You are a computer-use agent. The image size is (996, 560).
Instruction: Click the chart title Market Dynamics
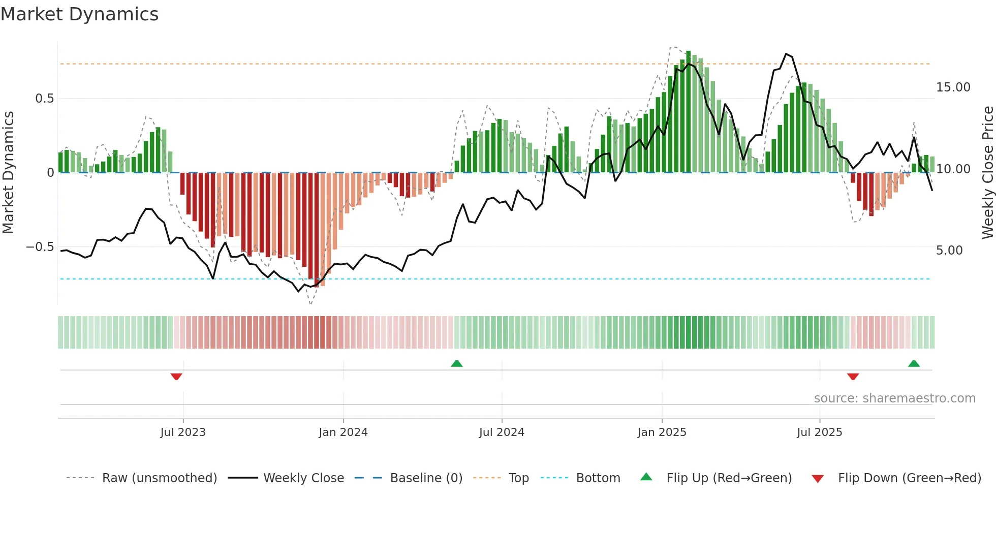(x=79, y=14)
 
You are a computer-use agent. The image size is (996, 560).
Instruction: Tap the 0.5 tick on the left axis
(x=44, y=99)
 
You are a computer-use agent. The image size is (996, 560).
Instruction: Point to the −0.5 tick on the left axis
(x=40, y=247)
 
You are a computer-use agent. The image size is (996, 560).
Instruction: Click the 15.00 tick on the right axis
(x=953, y=87)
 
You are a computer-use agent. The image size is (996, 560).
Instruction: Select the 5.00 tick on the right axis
(x=949, y=251)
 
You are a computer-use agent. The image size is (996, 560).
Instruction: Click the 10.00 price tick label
(x=953, y=169)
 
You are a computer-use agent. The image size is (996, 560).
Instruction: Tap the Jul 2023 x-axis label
(x=183, y=432)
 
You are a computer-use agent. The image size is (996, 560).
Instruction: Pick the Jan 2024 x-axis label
(x=343, y=432)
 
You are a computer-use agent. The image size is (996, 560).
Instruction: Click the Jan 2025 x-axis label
(x=662, y=432)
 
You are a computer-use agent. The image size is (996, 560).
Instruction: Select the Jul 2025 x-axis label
(x=819, y=432)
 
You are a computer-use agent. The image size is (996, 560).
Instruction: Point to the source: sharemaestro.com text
(x=894, y=398)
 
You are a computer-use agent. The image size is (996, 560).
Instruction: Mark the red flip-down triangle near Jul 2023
(x=176, y=377)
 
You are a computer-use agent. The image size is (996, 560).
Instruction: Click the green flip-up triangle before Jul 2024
(x=456, y=363)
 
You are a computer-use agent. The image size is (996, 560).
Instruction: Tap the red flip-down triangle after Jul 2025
(x=853, y=377)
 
